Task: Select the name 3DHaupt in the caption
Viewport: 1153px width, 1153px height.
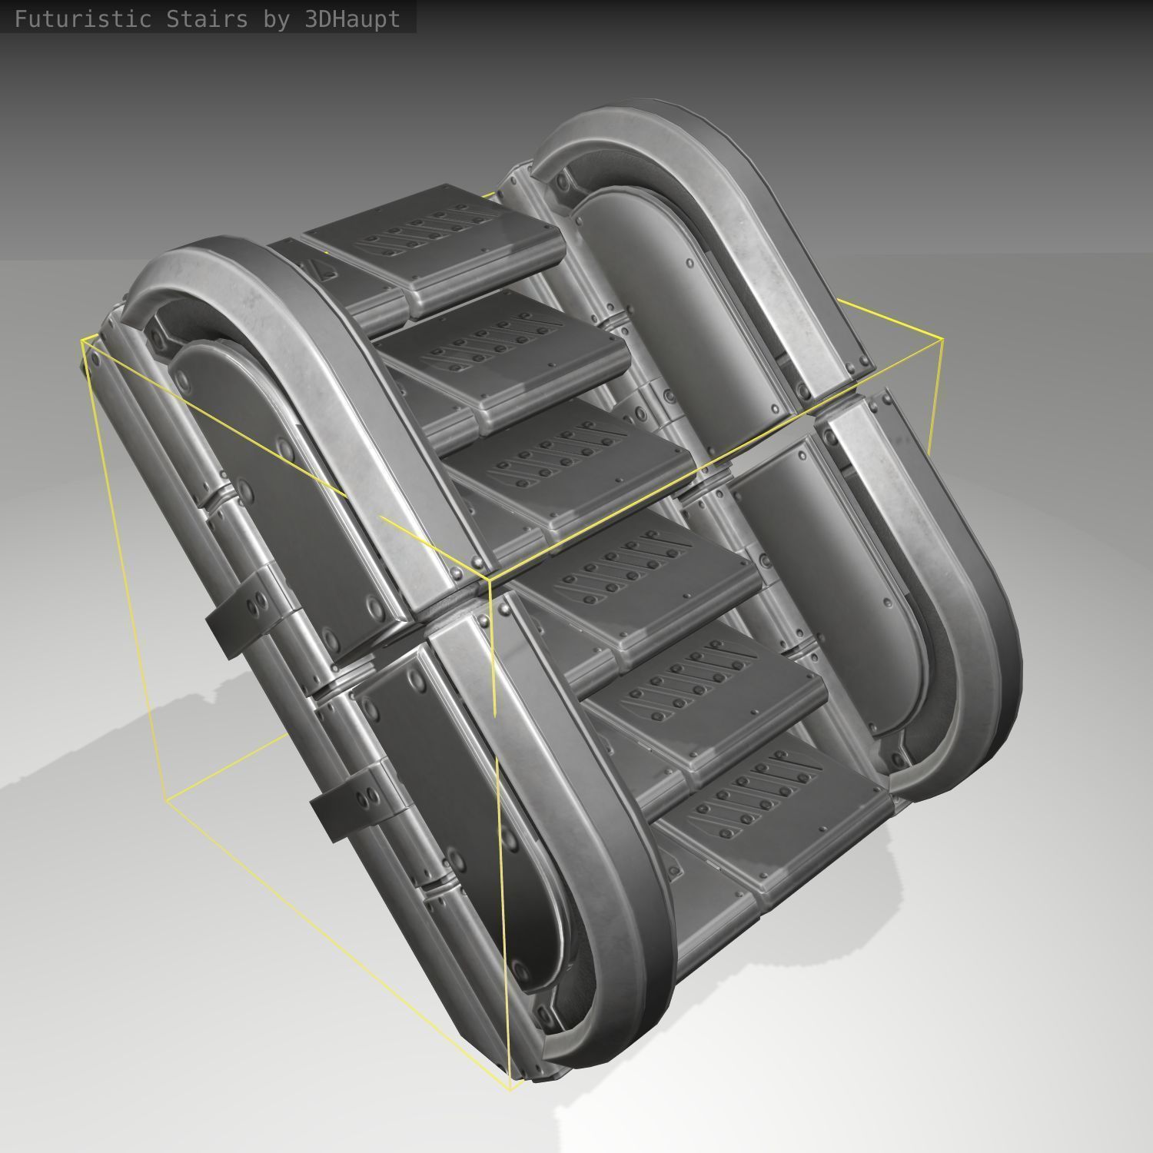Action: tap(352, 19)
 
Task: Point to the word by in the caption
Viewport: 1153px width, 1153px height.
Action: tap(276, 19)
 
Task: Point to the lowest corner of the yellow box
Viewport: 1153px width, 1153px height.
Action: tap(511, 1089)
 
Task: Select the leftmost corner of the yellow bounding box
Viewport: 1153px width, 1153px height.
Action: tap(82, 339)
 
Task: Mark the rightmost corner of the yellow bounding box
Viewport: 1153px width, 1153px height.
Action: tap(942, 338)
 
